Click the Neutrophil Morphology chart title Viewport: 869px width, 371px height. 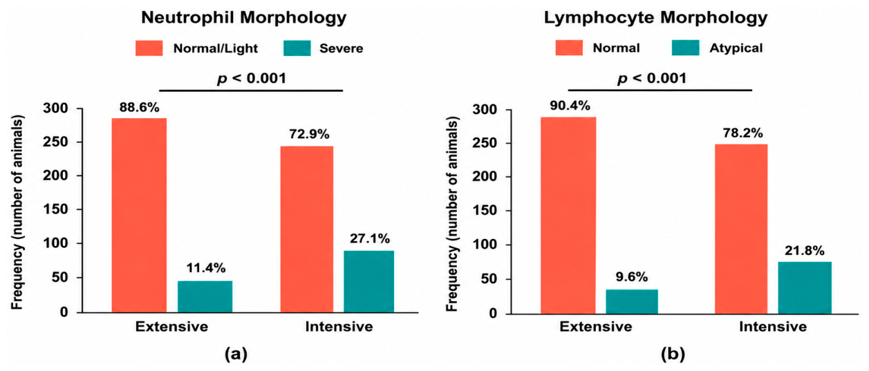243,18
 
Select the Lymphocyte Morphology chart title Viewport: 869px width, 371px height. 655,18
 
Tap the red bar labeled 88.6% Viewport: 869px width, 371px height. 139,215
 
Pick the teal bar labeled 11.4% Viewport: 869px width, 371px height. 205,296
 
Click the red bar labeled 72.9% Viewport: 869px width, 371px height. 307,229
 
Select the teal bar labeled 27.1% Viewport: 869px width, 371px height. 368,281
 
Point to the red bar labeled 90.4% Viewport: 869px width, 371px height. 568,215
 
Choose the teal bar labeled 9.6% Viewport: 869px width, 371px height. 632,302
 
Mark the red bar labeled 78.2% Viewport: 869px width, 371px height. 741,229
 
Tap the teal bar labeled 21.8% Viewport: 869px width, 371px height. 805,287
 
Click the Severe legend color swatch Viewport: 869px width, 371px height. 297,48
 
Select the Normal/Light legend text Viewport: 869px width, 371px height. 215,48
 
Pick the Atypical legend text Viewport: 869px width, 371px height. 736,48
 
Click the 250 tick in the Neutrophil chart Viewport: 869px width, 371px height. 55,142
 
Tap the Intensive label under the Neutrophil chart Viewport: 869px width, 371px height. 339,326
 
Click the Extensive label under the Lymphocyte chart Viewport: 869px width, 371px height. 595,326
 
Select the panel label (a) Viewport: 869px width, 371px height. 236,354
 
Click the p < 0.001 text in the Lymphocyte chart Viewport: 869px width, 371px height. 652,78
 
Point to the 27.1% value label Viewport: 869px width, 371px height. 370,239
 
